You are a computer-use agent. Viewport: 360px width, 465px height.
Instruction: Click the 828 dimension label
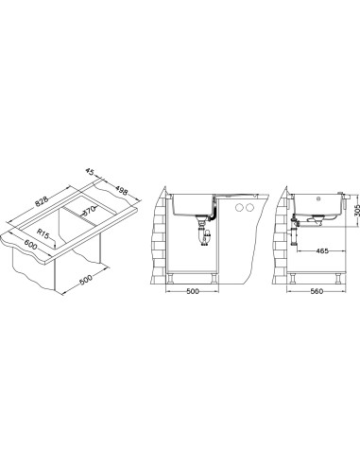42,201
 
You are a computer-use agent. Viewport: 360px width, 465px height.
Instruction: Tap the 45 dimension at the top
90,172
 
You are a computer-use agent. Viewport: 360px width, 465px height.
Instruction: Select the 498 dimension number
121,190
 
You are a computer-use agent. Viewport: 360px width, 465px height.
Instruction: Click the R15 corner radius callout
43,233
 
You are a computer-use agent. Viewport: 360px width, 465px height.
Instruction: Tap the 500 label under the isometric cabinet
85,280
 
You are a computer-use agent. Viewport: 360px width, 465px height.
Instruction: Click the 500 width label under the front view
193,291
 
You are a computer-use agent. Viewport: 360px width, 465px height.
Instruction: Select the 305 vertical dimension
356,209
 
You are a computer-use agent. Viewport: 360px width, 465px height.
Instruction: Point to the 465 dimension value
322,250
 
